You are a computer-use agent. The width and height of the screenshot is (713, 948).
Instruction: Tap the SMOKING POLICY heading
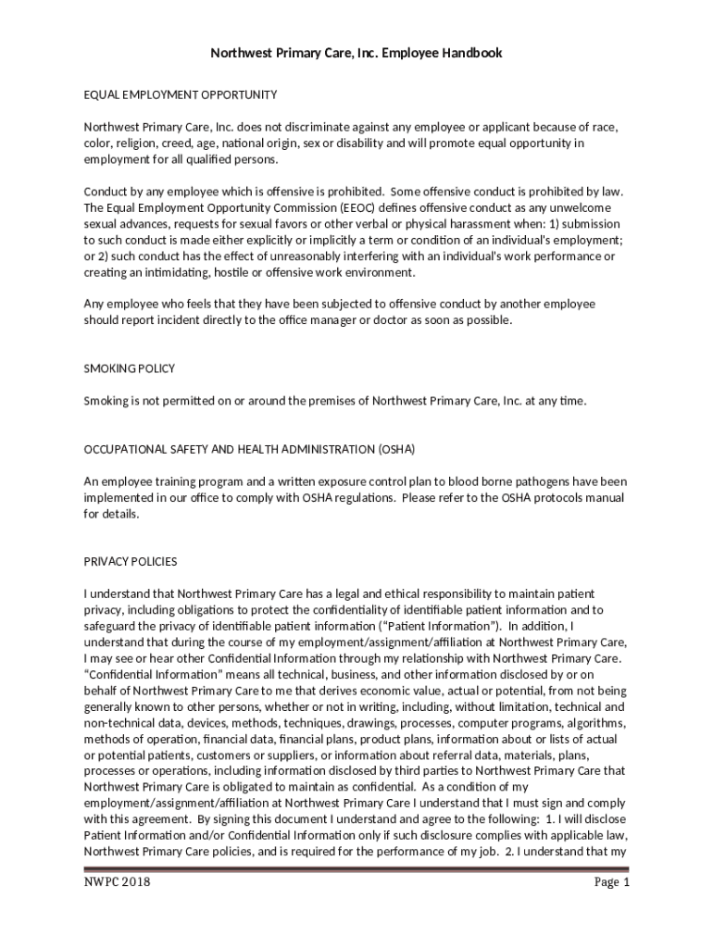pos(130,368)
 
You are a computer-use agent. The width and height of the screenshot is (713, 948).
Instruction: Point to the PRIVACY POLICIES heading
pos(131,561)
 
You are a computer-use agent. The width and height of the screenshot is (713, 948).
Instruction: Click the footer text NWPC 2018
pos(118,882)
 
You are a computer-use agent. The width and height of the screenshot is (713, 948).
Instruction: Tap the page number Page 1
pos(611,882)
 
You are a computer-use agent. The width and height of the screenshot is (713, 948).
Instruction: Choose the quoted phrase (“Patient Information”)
pos(440,625)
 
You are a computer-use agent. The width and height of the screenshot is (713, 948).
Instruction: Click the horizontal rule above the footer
pos(356,868)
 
